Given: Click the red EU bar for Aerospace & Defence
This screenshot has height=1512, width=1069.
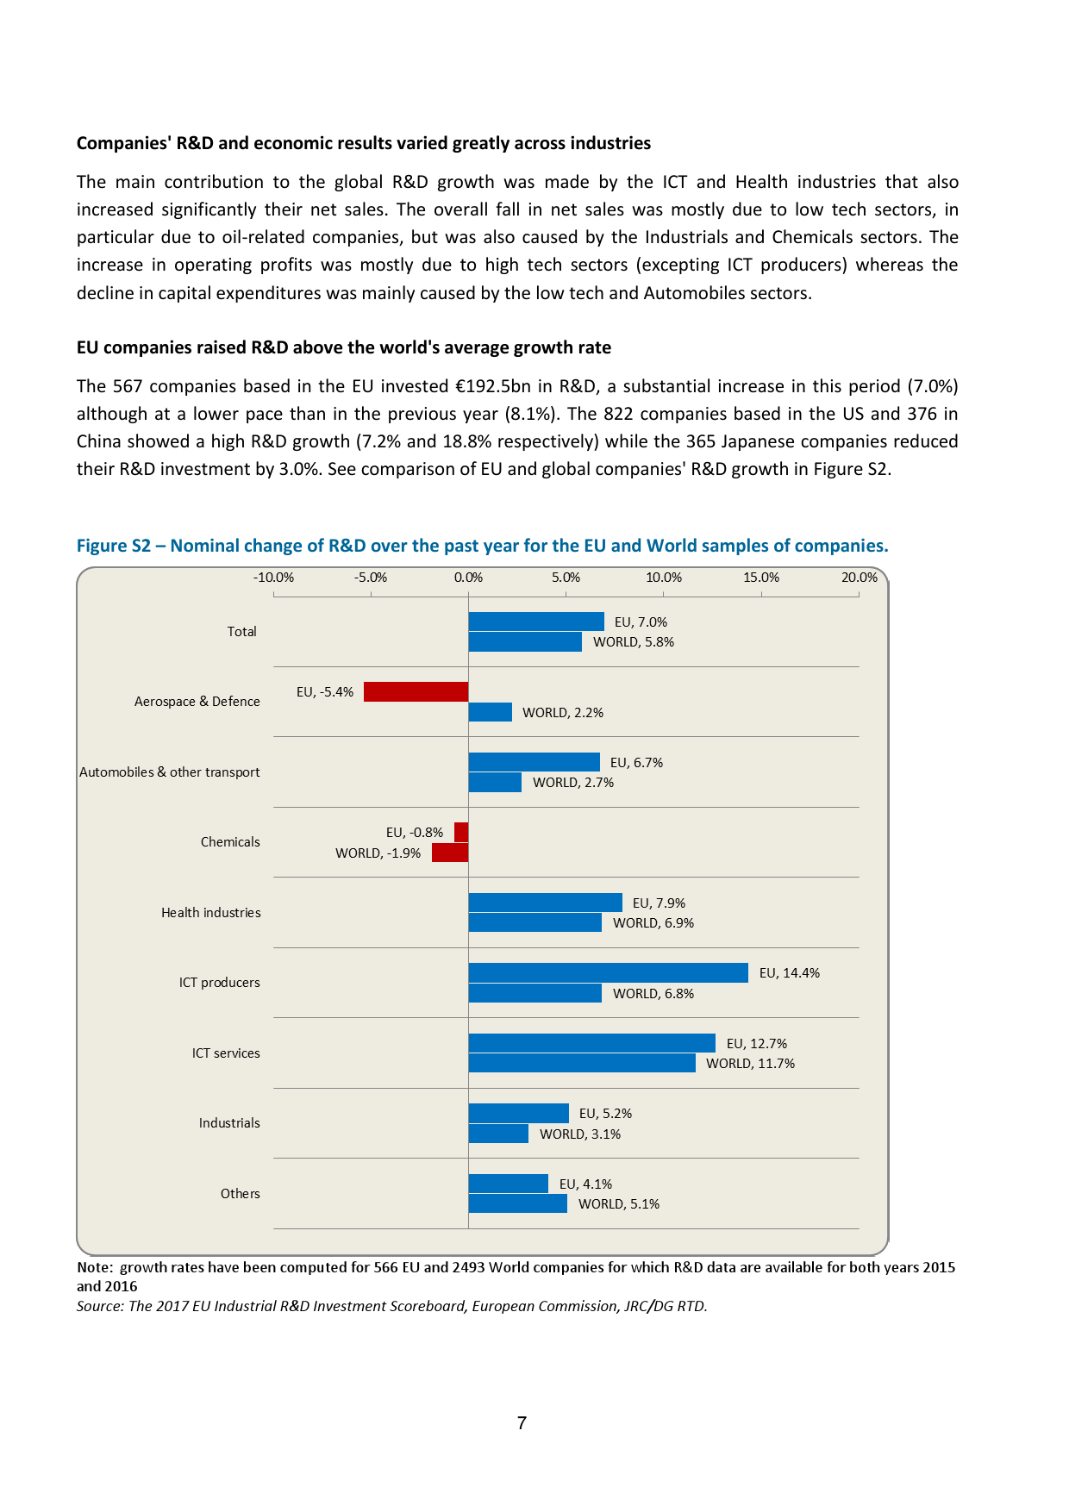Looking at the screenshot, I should (416, 691).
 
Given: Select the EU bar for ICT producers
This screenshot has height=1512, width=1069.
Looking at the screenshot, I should (608, 972).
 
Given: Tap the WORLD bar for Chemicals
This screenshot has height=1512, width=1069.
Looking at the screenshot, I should (449, 853).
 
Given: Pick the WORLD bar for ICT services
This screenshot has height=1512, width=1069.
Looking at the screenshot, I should (582, 1063).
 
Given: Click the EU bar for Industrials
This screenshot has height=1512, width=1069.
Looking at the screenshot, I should (518, 1113).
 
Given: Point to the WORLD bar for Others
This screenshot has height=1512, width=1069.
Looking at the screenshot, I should (517, 1203).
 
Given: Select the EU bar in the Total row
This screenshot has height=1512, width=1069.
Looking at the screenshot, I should (536, 622).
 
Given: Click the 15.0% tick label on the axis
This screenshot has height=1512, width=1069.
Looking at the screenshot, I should (761, 578).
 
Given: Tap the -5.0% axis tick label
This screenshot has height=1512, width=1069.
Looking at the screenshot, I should (371, 578).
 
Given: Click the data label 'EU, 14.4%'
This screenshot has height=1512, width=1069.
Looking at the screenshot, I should (789, 973).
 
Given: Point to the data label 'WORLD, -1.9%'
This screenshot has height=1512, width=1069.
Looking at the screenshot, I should (378, 853).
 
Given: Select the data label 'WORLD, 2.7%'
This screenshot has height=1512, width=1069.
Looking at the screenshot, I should (573, 783).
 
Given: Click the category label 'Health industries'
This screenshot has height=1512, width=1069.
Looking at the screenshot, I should (210, 913).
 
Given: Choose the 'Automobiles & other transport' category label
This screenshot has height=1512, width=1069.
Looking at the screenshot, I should (169, 772).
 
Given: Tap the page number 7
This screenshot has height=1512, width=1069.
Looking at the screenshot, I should (522, 1423).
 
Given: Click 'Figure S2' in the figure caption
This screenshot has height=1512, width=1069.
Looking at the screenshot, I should (113, 546).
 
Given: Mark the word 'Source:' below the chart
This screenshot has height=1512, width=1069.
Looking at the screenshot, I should (100, 1306).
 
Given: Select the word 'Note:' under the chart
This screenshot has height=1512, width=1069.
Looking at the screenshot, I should (95, 1267).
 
